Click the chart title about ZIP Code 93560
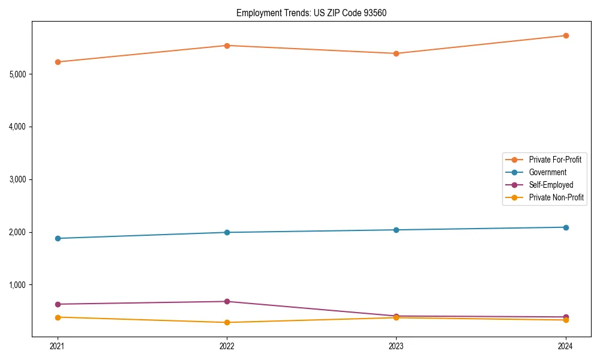coord(311,13)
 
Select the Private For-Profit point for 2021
coord(58,62)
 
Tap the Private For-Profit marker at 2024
coord(565,35)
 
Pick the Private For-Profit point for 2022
coord(227,46)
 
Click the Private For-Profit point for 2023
coord(396,53)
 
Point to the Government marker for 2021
coord(58,238)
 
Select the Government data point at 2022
coord(227,232)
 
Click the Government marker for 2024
coord(565,227)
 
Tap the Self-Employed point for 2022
coord(227,301)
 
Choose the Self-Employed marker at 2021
coord(58,304)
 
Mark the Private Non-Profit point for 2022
coord(227,322)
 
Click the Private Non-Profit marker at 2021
coord(58,317)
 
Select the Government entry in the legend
coord(547,172)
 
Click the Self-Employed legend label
coord(551,185)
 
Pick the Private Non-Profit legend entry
coord(556,197)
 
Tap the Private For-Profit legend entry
coord(554,160)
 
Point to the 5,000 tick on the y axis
coord(17,74)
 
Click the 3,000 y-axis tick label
coord(17,179)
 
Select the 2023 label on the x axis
coord(396,346)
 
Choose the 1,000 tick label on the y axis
coord(17,285)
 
